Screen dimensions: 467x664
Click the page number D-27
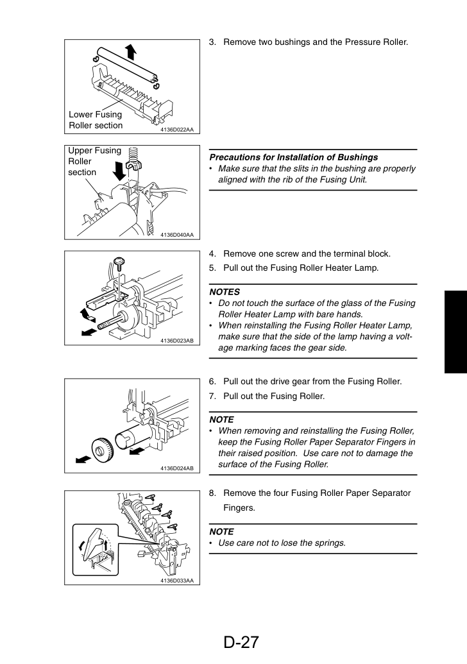[241, 642]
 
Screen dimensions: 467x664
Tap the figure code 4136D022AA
[177, 130]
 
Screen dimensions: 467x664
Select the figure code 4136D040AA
[177, 235]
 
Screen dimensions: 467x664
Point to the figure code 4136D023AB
[177, 341]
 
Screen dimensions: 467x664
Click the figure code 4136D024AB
[177, 468]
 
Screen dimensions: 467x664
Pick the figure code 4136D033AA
[177, 581]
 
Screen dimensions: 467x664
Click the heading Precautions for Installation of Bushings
[293, 157]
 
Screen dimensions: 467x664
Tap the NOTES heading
[225, 292]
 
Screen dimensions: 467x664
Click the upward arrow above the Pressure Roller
[132, 52]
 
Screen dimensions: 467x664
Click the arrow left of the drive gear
[83, 459]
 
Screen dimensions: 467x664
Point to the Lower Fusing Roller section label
[96, 120]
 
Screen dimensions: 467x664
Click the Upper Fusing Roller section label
[94, 161]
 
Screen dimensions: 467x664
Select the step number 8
[212, 493]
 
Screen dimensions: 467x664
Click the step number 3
[212, 42]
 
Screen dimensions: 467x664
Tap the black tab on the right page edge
[455, 332]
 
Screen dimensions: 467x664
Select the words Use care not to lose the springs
[282, 543]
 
